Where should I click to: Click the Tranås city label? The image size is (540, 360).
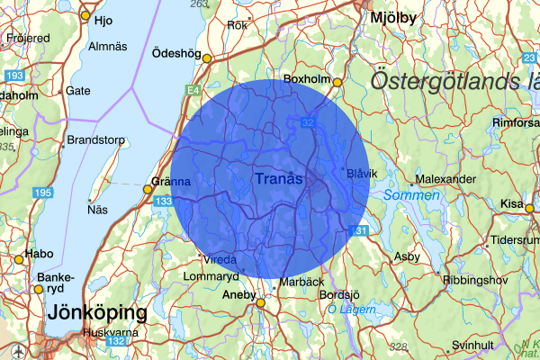pyautogui.click(x=278, y=180)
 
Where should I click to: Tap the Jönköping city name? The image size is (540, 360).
pyautogui.click(x=96, y=313)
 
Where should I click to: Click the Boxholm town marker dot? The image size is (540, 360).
pyautogui.click(x=337, y=83)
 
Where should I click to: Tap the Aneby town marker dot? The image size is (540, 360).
pyautogui.click(x=260, y=303)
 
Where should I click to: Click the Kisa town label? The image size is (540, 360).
pyautogui.click(x=510, y=203)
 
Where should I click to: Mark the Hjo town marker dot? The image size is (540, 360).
pyautogui.click(x=85, y=16)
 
